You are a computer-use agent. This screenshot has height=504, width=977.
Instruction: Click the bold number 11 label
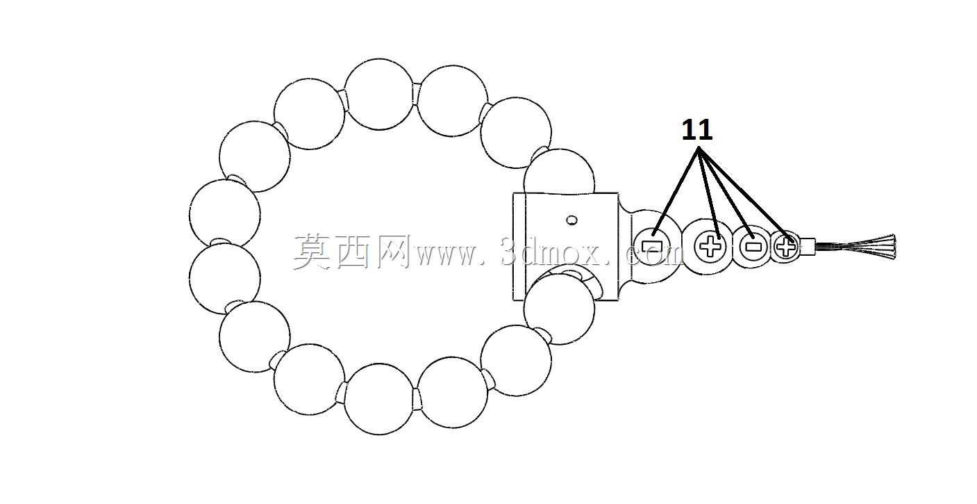click(697, 130)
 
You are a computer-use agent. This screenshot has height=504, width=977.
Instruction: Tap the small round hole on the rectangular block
click(571, 220)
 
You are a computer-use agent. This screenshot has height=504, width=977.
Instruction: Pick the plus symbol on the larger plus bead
click(710, 246)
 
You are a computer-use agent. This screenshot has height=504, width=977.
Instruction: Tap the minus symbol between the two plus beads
click(753, 246)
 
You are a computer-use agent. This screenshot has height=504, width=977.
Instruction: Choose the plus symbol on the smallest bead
click(786, 247)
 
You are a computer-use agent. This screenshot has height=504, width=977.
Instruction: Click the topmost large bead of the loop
click(378, 95)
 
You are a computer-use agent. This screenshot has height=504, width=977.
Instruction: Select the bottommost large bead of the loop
click(378, 399)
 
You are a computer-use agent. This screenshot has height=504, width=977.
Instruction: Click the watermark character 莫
click(311, 252)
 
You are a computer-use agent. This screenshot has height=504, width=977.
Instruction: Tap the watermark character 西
click(353, 252)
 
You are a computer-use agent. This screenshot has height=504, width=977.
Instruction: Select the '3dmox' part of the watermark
click(555, 251)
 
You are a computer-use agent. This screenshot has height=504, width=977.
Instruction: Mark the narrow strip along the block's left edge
click(519, 247)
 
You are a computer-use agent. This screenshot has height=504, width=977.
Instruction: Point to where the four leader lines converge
click(699, 149)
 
